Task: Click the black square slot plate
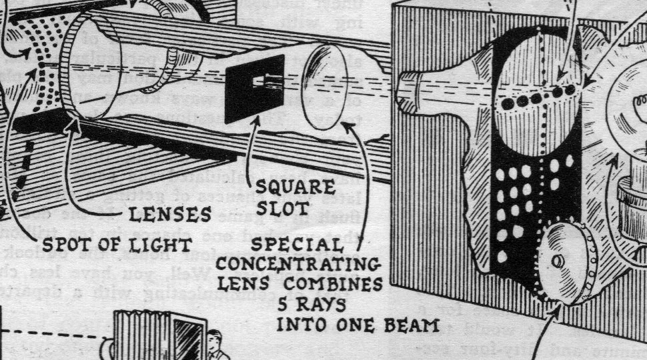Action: click(x=254, y=89)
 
